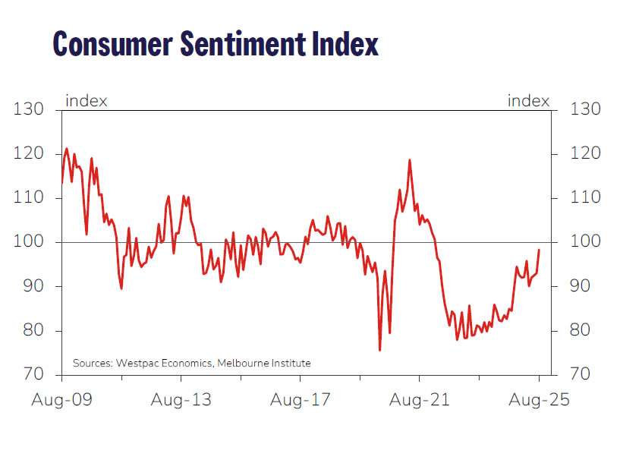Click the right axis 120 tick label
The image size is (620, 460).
tap(584, 154)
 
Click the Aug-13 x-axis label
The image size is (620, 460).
tap(181, 399)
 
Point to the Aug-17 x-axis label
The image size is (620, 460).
tap(301, 399)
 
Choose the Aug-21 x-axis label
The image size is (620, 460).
tap(420, 399)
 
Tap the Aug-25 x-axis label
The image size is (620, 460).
tap(539, 399)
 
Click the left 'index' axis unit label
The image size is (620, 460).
tap(86, 101)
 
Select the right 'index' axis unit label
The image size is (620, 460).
tap(528, 101)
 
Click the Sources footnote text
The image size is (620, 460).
tap(191, 364)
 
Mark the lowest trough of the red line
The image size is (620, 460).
tap(379, 350)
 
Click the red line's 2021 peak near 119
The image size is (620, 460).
tap(410, 160)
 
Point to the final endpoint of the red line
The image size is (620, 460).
tap(539, 250)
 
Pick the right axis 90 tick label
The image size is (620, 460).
tap(584, 287)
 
